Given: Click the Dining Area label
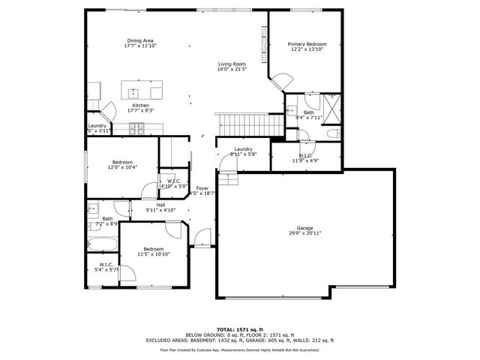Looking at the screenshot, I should coord(140,40).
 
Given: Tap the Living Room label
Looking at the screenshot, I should coord(232,64).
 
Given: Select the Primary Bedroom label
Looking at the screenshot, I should coord(307,44).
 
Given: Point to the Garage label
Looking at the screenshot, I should coord(304,228).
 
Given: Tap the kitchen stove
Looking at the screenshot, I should coord(137,129).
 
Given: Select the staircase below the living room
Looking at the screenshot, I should coord(250,122).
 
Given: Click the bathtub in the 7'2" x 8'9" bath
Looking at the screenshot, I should coord(100,244).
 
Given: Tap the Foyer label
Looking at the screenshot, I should coord(202,188).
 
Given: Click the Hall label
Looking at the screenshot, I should coord(160,205).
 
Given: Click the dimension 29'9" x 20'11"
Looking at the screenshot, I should coord(304,234).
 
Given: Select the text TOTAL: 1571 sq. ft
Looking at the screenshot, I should coord(239,329).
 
